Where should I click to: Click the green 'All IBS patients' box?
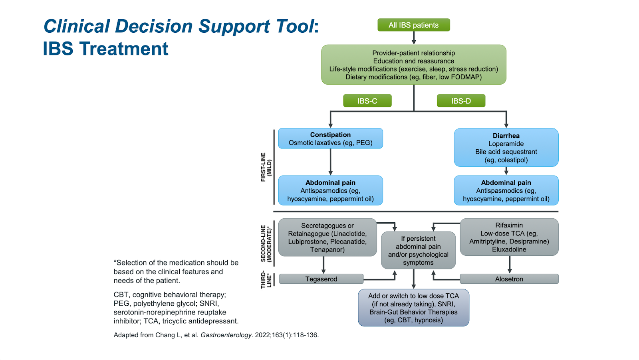click(413, 25)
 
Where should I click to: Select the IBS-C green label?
click(367, 101)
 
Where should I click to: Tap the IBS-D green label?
click(461, 101)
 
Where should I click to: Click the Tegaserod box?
click(321, 279)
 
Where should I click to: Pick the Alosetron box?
click(509, 279)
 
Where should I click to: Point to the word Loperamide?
click(506, 144)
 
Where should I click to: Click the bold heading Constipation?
click(330, 135)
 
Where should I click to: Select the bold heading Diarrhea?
click(506, 136)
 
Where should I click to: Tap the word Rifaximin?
click(509, 225)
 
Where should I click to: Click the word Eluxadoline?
click(509, 249)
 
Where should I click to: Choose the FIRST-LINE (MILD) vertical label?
click(266, 167)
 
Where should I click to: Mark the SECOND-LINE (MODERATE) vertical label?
click(266, 243)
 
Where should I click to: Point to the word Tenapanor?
click(327, 250)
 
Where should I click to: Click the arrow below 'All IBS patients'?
click(414, 38)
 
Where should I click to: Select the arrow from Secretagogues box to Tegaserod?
click(323, 265)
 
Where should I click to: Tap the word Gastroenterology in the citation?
click(226, 335)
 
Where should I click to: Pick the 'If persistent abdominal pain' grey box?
click(418, 250)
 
